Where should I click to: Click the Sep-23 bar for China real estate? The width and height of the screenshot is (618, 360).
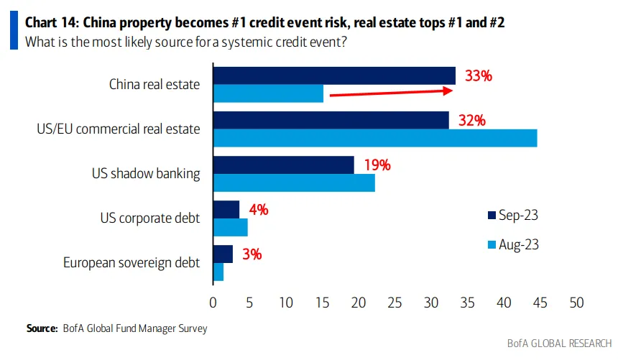coord(334,75)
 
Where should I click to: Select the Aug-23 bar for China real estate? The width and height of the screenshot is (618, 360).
coord(268,93)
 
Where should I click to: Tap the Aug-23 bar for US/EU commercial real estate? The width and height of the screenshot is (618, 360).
coord(374,138)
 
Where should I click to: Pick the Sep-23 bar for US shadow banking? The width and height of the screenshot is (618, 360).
coord(283,165)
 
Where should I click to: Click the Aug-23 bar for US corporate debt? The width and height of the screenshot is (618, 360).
coord(230,227)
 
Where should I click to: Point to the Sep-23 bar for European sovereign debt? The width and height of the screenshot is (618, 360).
coord(223,254)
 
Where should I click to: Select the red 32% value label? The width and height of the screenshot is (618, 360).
coord(471,120)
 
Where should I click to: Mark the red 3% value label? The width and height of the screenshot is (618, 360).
coord(252,254)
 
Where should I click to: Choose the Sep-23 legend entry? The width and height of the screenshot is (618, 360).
coord(512,215)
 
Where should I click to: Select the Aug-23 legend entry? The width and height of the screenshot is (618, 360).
coord(512,244)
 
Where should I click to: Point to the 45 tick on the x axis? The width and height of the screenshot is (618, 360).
coord(540,303)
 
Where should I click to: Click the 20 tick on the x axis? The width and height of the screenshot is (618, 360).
coord(358,303)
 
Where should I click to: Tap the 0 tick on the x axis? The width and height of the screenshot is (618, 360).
coord(213,303)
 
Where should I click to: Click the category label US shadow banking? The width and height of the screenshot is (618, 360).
coord(145,173)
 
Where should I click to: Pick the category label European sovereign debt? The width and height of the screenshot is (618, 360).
coord(132,263)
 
